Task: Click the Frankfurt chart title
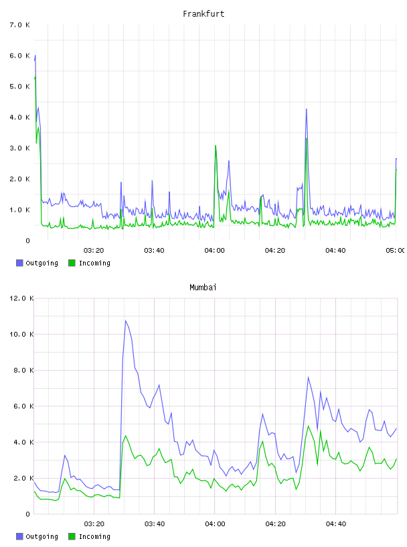click(x=203, y=13)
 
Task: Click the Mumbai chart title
click(x=203, y=287)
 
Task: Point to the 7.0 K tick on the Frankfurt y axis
click(x=19, y=25)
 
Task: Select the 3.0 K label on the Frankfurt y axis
click(x=19, y=148)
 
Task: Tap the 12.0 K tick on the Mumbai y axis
click(x=21, y=298)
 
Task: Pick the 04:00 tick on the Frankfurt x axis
click(x=215, y=250)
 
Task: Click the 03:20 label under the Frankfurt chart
click(x=94, y=250)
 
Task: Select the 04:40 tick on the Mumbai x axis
click(x=336, y=524)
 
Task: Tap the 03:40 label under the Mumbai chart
click(x=155, y=524)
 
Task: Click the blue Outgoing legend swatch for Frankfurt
click(x=19, y=263)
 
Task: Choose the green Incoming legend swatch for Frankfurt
click(x=72, y=263)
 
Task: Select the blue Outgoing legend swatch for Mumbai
click(x=19, y=536)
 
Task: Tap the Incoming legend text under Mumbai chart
click(x=94, y=536)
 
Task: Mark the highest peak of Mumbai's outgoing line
click(x=125, y=320)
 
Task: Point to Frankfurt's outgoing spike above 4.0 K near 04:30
click(x=307, y=109)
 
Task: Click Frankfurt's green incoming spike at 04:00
click(x=216, y=145)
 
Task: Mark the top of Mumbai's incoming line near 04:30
click(x=308, y=426)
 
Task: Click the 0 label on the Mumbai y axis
click(x=28, y=514)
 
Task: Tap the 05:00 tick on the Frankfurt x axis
click(x=396, y=250)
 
